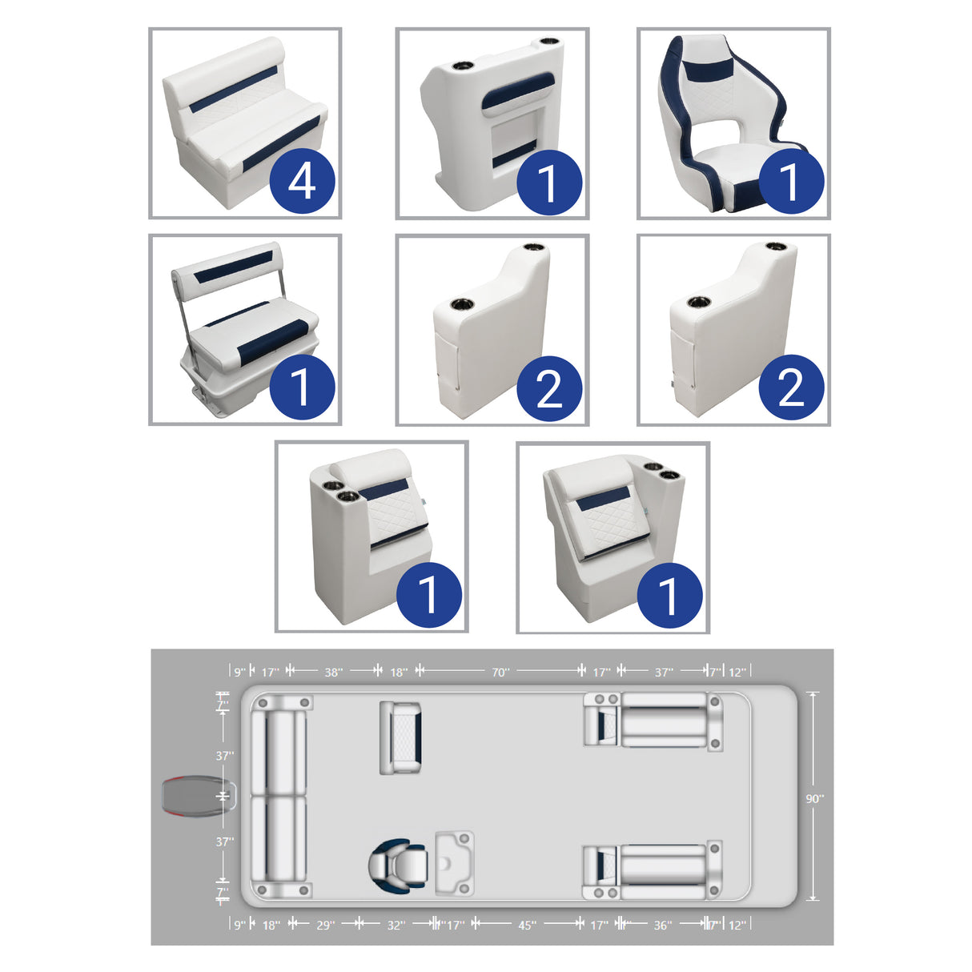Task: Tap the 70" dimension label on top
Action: point(500,673)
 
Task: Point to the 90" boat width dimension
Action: point(814,798)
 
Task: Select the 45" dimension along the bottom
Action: point(526,926)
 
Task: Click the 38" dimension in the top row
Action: point(333,673)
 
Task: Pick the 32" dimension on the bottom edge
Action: point(396,926)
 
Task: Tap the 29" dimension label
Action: point(324,926)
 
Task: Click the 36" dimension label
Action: point(662,926)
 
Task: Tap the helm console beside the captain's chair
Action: point(454,863)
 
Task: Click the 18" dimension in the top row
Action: point(399,673)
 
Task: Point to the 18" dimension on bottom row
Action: point(271,926)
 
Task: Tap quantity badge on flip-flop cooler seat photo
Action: point(301,388)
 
